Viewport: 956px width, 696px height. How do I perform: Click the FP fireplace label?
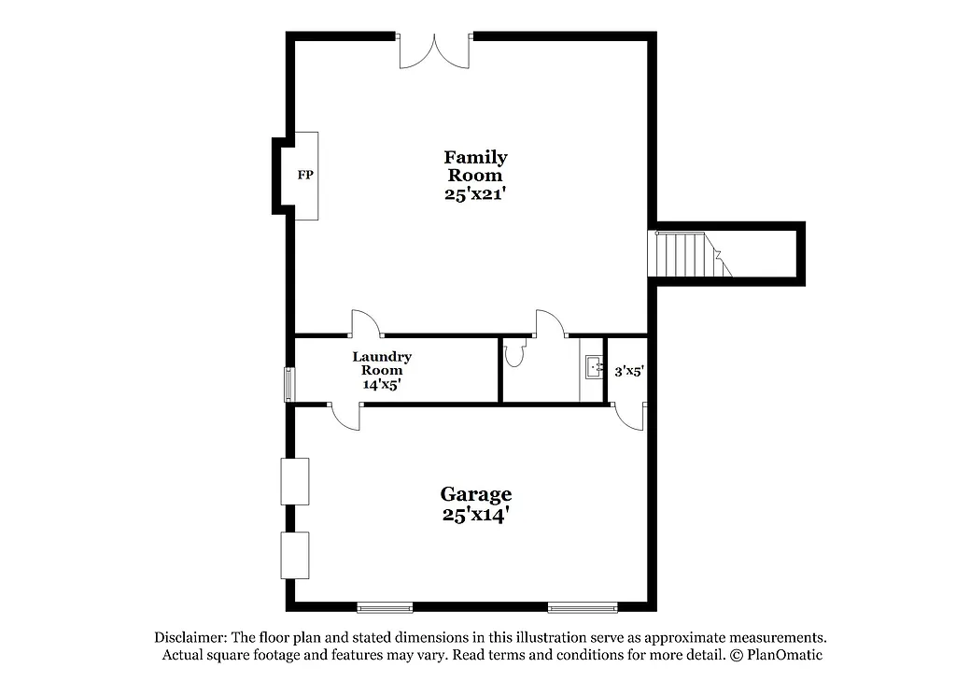[304, 175]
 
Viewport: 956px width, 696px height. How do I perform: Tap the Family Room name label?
[475, 166]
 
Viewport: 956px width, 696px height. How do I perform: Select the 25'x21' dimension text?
[475, 194]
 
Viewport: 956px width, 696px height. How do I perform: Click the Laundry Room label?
[382, 363]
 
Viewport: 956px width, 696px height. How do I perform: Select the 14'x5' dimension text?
[382, 383]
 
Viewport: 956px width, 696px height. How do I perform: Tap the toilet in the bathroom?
[514, 352]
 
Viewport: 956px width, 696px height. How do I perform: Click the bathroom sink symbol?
[592, 368]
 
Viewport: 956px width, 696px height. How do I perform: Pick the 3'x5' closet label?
[629, 371]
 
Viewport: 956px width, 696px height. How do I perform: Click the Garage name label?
[475, 494]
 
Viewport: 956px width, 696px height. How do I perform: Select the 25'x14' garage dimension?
[475, 514]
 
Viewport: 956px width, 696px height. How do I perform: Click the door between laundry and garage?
[344, 417]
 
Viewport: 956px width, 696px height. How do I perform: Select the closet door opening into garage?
[630, 417]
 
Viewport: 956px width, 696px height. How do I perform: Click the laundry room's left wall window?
[288, 385]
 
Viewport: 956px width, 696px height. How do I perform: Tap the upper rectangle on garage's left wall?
[295, 481]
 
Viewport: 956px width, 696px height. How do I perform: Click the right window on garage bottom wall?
[583, 607]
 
